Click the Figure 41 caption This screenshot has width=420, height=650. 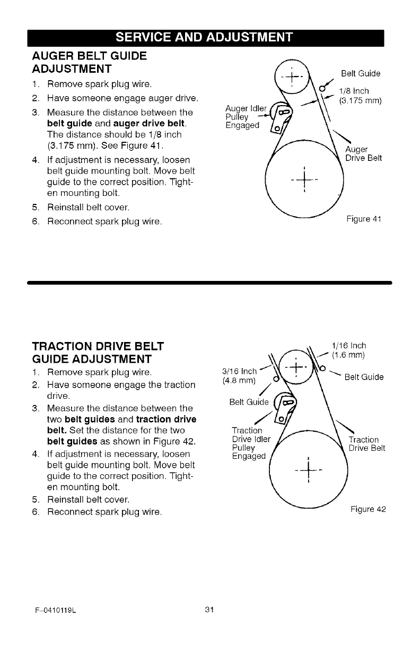[x=363, y=218]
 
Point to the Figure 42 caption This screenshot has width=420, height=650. [x=368, y=509]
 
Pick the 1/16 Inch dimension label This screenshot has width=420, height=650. [x=348, y=345]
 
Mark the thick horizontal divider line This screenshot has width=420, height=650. [x=209, y=283]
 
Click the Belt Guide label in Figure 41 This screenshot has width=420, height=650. [x=361, y=73]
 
